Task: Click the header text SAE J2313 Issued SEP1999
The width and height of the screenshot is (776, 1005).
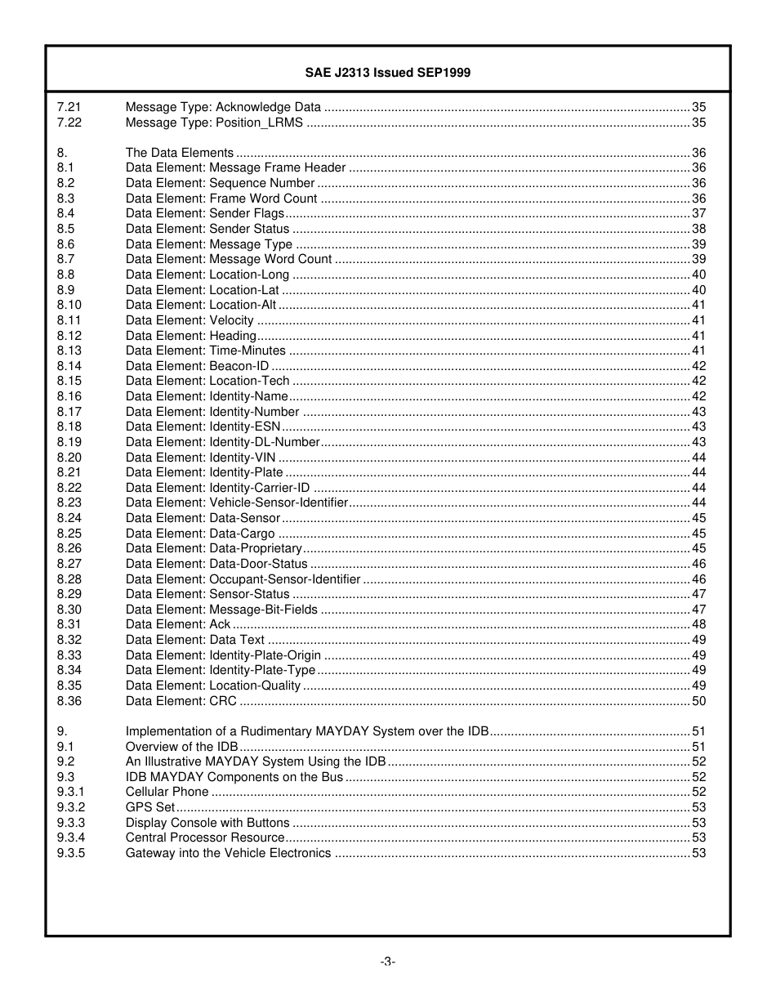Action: tap(387, 73)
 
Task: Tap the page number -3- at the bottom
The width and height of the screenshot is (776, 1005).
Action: tap(387, 962)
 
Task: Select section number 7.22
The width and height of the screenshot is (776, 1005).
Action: tap(69, 123)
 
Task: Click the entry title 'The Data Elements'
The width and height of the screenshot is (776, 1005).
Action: tap(180, 153)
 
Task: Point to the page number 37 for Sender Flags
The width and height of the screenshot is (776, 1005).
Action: tap(698, 213)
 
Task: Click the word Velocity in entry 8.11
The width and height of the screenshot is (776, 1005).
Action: tap(231, 320)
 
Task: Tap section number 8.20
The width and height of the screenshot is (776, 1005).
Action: tap(69, 458)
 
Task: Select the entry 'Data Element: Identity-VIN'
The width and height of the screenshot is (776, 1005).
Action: tap(200, 458)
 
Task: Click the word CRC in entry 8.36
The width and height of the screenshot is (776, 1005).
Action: tap(223, 701)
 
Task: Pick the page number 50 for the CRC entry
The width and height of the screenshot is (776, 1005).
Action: tap(698, 701)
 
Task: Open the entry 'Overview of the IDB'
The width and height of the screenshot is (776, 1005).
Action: tap(181, 747)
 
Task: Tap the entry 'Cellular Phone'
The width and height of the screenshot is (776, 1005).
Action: tap(167, 792)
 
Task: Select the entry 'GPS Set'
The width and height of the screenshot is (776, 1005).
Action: tap(149, 807)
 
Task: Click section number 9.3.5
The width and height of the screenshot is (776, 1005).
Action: tap(71, 853)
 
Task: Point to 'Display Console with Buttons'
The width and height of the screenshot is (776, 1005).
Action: tap(207, 823)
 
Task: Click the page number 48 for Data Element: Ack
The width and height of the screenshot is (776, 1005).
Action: tap(698, 624)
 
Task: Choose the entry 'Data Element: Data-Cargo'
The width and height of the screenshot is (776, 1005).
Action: tap(200, 534)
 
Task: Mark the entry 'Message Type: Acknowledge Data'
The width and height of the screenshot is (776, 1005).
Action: tap(223, 107)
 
